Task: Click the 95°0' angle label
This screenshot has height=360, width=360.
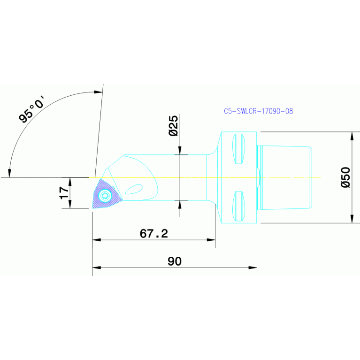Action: pyautogui.click(x=31, y=109)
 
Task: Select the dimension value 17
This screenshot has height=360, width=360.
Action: pyautogui.click(x=64, y=192)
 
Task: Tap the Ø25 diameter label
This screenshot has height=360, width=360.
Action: pyautogui.click(x=173, y=126)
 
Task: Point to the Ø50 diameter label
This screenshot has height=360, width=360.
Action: pyautogui.click(x=346, y=177)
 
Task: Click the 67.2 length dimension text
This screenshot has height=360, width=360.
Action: pyautogui.click(x=153, y=233)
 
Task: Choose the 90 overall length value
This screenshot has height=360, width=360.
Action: pyautogui.click(x=175, y=261)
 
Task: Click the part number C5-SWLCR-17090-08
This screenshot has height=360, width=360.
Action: pyautogui.click(x=258, y=111)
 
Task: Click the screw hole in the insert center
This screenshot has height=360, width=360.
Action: pyautogui.click(x=106, y=196)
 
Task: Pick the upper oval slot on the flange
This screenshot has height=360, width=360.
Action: pyautogui.click(x=238, y=149)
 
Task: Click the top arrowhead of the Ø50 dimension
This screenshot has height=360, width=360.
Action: pyautogui.click(x=352, y=136)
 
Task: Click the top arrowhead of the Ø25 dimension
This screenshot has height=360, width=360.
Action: pyautogui.click(x=180, y=151)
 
